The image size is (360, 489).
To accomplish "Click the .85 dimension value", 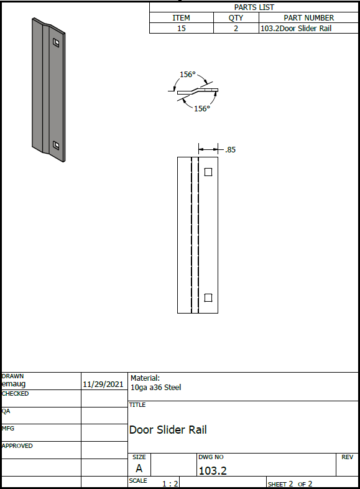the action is [x=230, y=150].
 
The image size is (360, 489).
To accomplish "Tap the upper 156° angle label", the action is [x=188, y=75].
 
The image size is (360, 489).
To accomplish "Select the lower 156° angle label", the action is [x=202, y=108].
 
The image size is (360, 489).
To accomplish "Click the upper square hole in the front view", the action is [x=208, y=172].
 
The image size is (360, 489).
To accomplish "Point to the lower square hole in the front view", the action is [x=208, y=298].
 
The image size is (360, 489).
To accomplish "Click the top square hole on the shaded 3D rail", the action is [x=56, y=42].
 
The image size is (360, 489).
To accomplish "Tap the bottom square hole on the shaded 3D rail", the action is [x=56, y=146].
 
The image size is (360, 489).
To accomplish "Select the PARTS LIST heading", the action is [x=254, y=7].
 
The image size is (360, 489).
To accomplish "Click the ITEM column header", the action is [x=181, y=18].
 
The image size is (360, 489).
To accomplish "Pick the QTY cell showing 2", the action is [x=236, y=29].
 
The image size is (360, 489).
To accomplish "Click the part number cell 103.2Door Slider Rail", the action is [x=296, y=29].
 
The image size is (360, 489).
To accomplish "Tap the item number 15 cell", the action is [x=182, y=29].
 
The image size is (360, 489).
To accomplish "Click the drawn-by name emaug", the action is [x=14, y=384].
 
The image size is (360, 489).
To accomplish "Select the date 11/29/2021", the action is [x=103, y=384].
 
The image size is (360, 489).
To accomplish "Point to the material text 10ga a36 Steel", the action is [x=155, y=388].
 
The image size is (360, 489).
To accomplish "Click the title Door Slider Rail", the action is [x=168, y=430].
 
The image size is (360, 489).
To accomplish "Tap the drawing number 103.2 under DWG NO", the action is [x=213, y=470].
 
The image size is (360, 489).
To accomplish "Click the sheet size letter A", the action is [x=139, y=468].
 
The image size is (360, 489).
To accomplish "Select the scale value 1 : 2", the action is [x=170, y=483].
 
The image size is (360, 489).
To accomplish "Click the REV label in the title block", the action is [x=347, y=457].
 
